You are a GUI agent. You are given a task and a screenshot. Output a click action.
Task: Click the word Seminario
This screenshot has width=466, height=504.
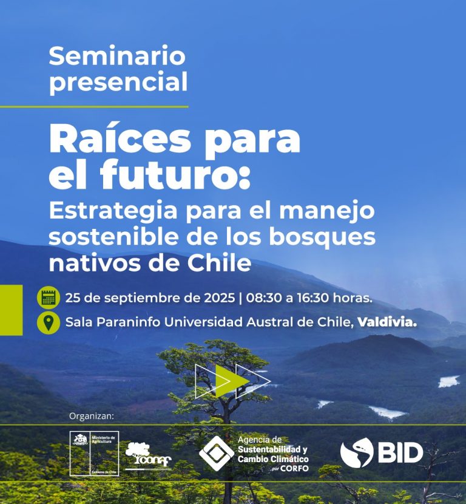pyautogui.click(x=117, y=56)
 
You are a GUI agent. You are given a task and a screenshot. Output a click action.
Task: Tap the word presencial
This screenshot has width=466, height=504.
pyautogui.click(x=118, y=83)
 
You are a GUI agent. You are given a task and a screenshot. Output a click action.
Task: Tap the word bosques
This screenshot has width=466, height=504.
pyautogui.click(x=331, y=237)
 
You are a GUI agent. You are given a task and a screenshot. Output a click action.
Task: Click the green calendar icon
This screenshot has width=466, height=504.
pyautogui.click(x=49, y=298)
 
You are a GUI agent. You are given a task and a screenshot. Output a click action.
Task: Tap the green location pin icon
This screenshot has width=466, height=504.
pyautogui.click(x=49, y=322)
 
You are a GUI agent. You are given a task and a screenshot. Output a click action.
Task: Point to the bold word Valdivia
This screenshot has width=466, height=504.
pyautogui.click(x=387, y=322)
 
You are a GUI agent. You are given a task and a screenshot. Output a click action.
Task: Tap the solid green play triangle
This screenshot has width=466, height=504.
pyautogui.click(x=231, y=381)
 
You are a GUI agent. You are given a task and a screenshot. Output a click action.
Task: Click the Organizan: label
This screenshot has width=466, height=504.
pyautogui.click(x=92, y=417)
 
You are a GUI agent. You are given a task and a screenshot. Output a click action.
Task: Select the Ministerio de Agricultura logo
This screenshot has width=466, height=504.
pyautogui.click(x=94, y=453)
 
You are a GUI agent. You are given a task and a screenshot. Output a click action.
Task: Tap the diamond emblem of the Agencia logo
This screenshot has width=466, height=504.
pyautogui.click(x=217, y=453)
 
